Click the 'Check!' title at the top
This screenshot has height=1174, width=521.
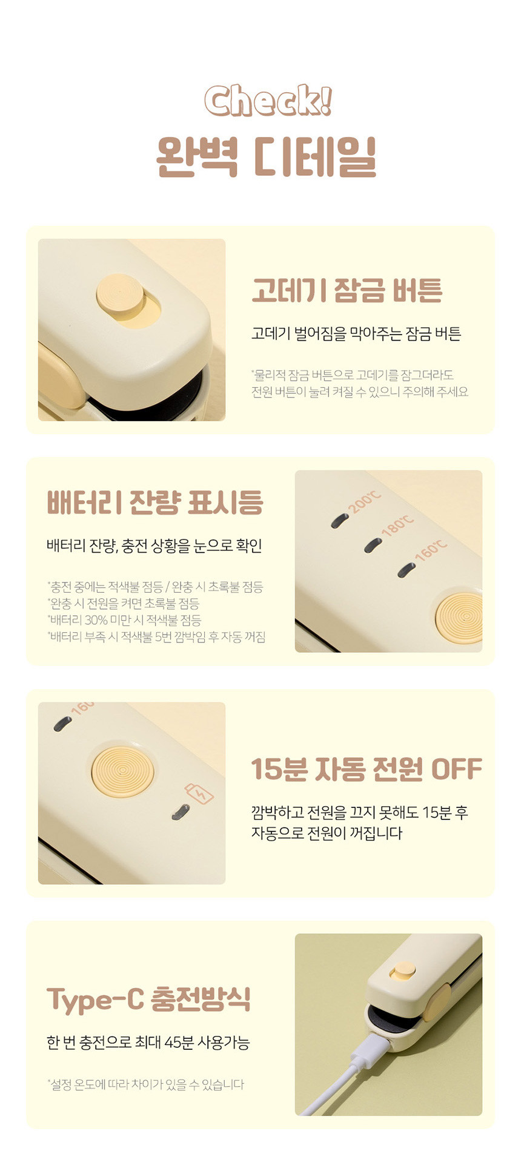click(x=268, y=100)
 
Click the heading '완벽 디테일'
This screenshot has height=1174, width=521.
click(x=267, y=156)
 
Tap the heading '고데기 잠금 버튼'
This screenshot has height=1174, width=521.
click(x=347, y=290)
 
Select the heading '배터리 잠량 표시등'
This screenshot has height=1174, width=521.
click(x=155, y=502)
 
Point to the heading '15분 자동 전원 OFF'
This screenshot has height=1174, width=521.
click(x=367, y=769)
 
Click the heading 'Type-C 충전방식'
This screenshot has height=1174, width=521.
click(x=148, y=999)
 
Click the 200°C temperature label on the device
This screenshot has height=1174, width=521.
click(x=365, y=502)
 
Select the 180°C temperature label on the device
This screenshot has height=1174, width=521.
click(x=397, y=525)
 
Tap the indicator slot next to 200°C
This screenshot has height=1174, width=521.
click(x=340, y=521)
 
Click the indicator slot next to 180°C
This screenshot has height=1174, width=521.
click(x=373, y=545)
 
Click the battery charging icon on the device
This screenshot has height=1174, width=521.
click(x=199, y=793)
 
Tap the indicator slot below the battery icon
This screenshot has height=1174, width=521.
click(x=180, y=812)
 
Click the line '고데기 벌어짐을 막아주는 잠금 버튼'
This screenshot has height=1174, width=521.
click(x=356, y=333)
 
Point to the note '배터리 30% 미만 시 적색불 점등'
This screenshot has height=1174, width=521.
click(x=124, y=620)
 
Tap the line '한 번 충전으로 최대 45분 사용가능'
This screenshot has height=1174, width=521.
click(x=148, y=1042)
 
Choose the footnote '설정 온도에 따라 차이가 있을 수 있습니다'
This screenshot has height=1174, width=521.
click(x=145, y=1084)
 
